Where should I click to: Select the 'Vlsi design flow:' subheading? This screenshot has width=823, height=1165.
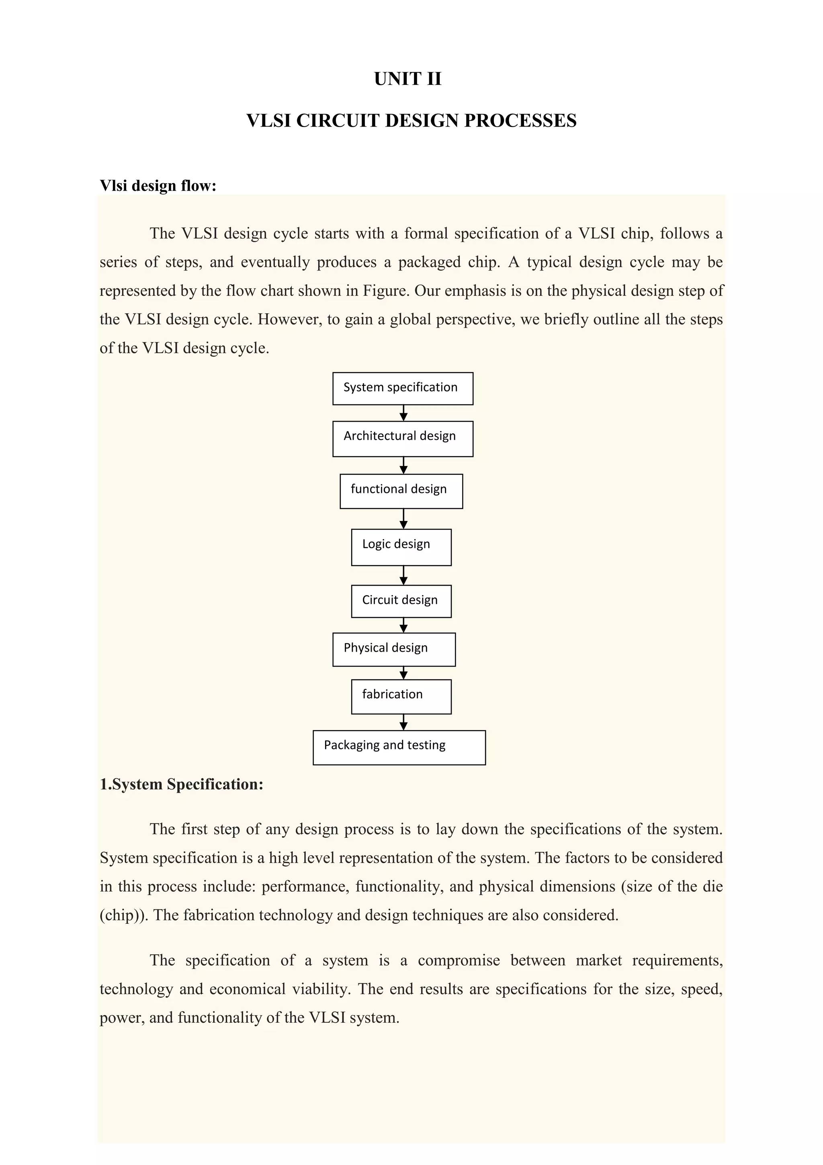click(x=158, y=186)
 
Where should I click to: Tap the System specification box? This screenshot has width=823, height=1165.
click(x=403, y=388)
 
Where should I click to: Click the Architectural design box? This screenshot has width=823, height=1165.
click(x=403, y=439)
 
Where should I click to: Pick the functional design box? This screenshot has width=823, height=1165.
click(x=401, y=491)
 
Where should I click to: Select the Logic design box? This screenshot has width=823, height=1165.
click(x=401, y=547)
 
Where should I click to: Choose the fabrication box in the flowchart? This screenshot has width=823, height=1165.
click(x=401, y=696)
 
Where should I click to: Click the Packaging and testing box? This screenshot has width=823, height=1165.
click(x=399, y=747)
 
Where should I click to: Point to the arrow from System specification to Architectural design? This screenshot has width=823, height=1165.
click(x=403, y=413)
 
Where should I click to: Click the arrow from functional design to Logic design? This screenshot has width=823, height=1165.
click(x=403, y=519)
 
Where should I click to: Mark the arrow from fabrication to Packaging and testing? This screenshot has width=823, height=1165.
click(x=403, y=722)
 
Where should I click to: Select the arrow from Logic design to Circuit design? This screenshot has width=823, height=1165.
click(x=403, y=575)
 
